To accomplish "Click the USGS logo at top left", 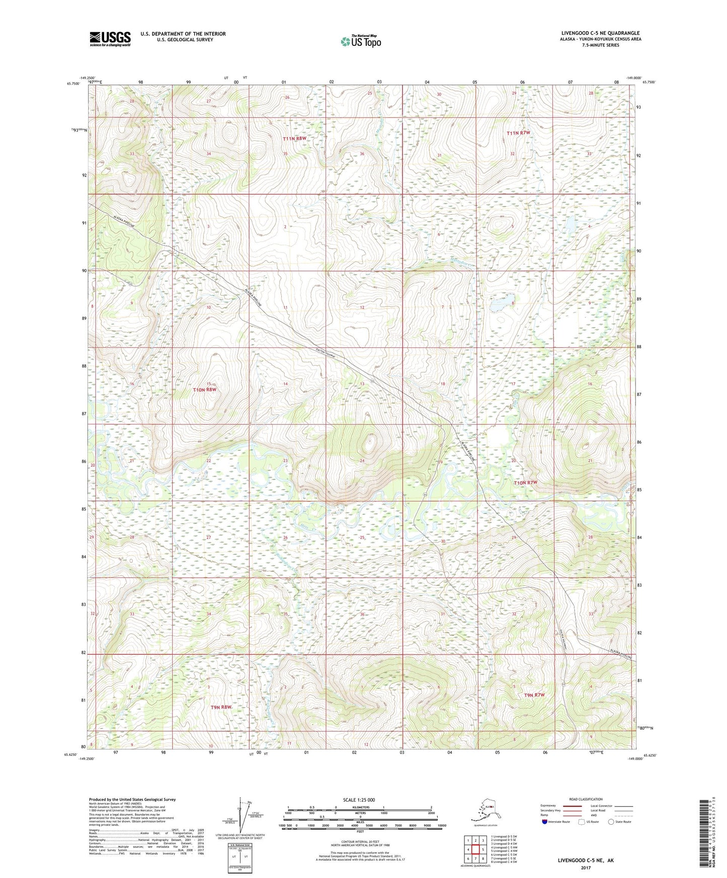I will pyautogui.click(x=110, y=38).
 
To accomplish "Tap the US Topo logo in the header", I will pyautogui.click(x=360, y=41).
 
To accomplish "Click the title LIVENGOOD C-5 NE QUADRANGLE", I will pyautogui.click(x=600, y=33).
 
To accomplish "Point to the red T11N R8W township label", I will pyautogui.click(x=294, y=139).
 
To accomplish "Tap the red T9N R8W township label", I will pyautogui.click(x=222, y=707).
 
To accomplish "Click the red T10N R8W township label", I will pyautogui.click(x=205, y=390).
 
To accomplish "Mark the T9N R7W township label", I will pyautogui.click(x=534, y=695).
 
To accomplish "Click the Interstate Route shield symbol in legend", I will pyautogui.click(x=545, y=822).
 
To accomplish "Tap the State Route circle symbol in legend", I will pyautogui.click(x=611, y=822).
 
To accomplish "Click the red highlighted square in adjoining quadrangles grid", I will pyautogui.click(x=475, y=850).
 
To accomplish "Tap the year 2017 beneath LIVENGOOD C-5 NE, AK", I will pyautogui.click(x=585, y=867).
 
